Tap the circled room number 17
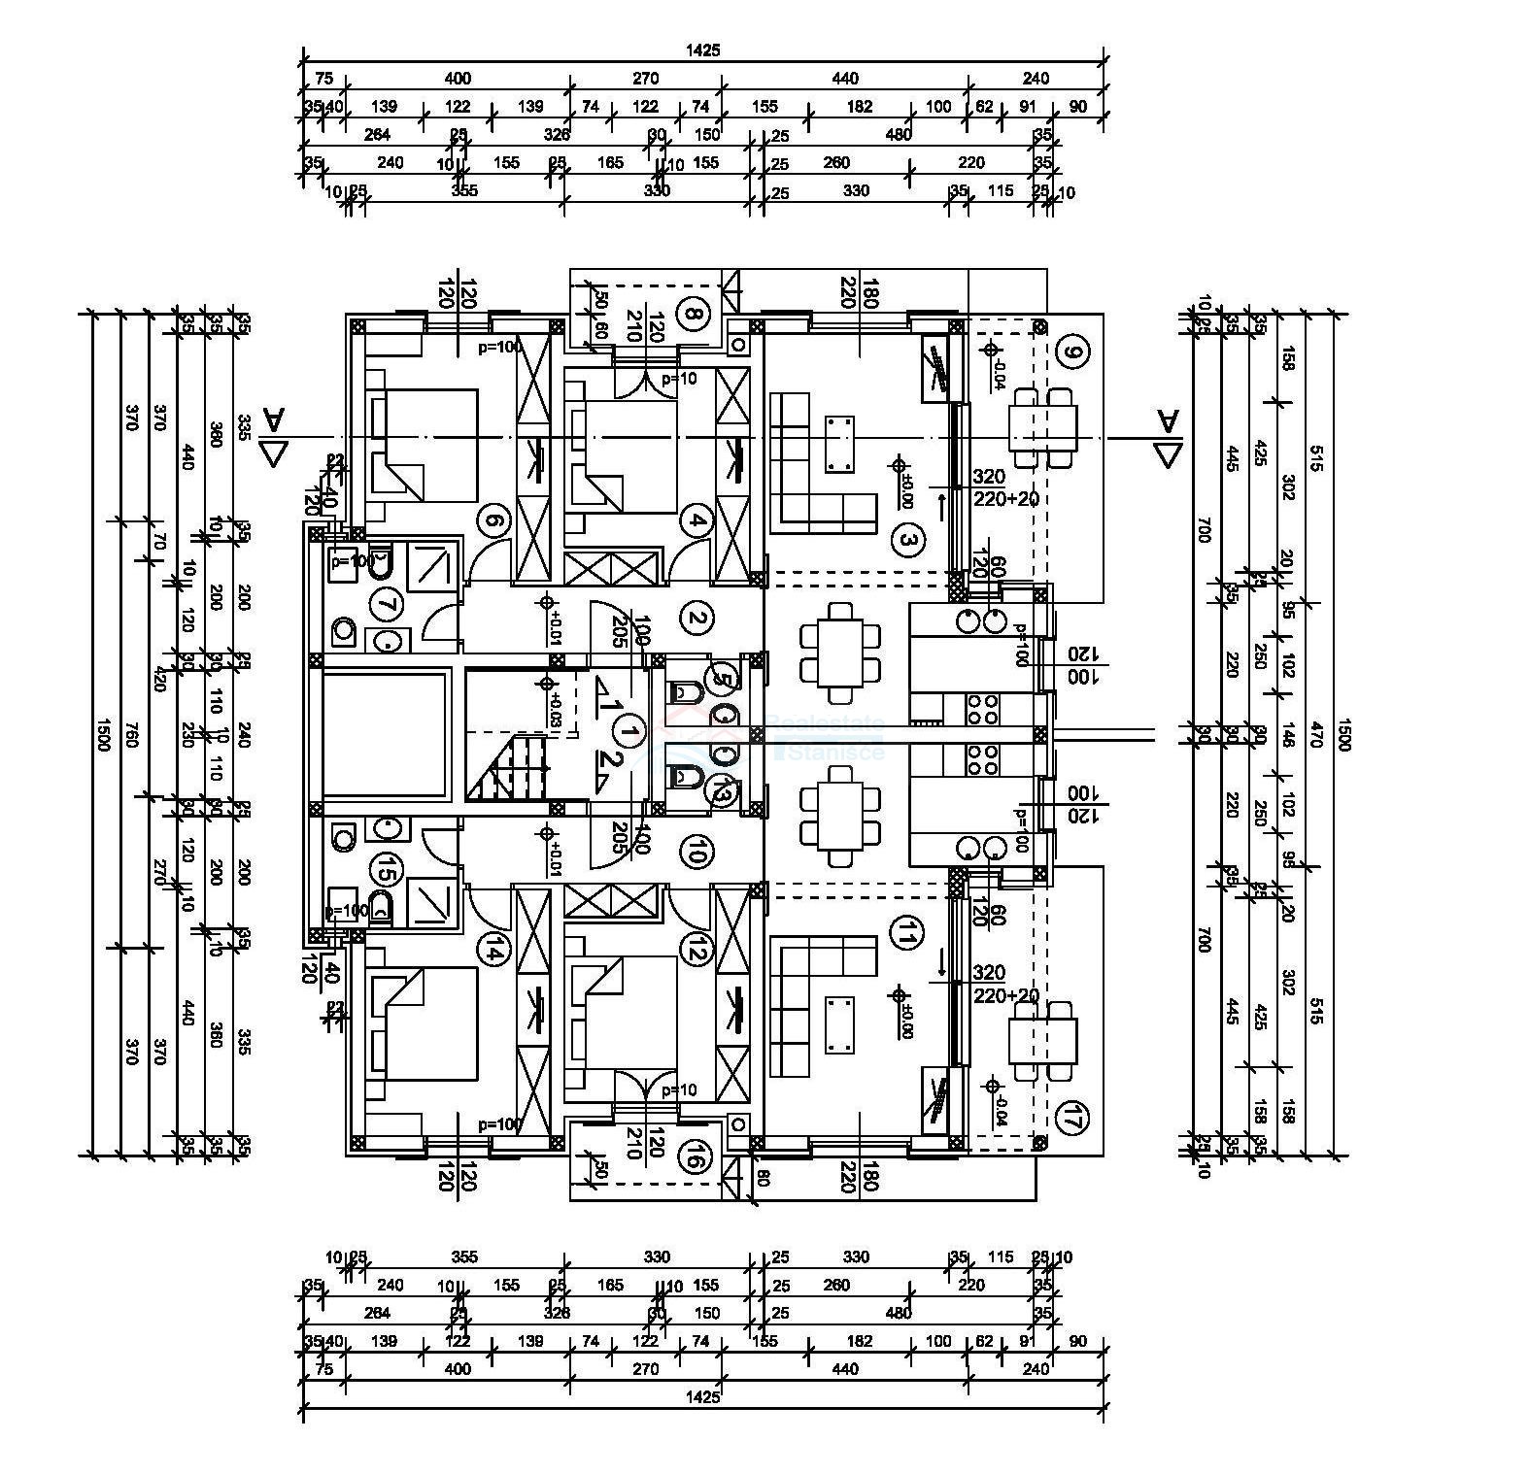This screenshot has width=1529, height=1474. pos(1071,1117)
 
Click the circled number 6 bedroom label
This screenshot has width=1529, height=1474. pos(493,522)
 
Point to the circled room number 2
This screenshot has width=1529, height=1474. pos(696,618)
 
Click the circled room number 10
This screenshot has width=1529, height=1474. pos(696,854)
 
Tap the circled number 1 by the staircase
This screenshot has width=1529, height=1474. pos(630,731)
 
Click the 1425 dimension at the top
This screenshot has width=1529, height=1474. pos(702,50)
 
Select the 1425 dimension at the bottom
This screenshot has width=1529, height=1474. pos(702,1396)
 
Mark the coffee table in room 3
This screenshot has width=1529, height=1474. pos(839,442)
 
